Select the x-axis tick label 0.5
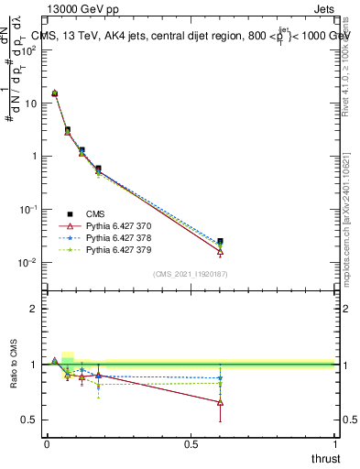click(191, 444)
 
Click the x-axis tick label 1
click(335, 444)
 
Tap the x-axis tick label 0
click(47, 444)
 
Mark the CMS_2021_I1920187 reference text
click(191, 274)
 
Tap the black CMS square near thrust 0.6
click(220, 242)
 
